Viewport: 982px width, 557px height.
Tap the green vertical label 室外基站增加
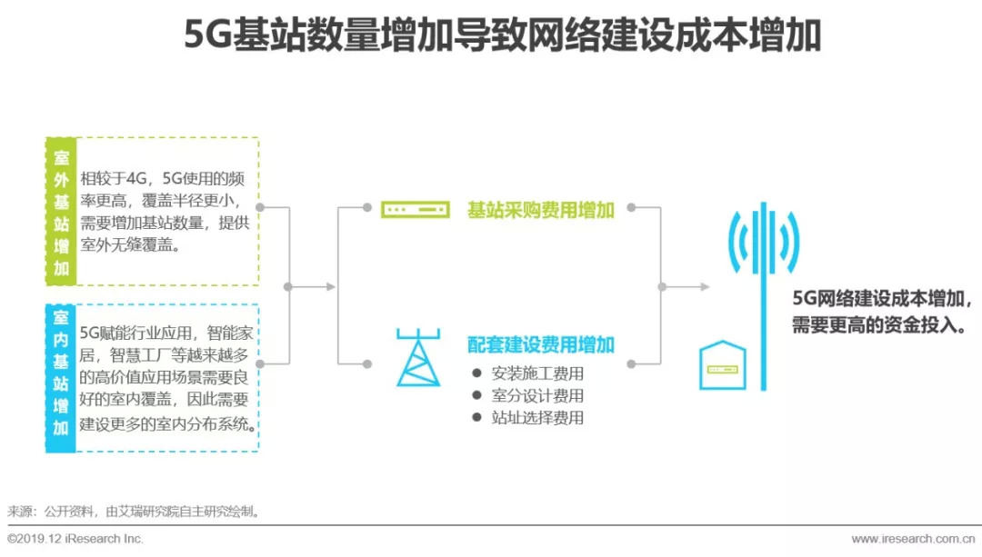[61, 211]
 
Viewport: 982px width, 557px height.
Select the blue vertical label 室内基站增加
[61, 377]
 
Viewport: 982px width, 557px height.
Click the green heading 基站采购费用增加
[541, 210]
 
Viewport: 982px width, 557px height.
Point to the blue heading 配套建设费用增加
[541, 344]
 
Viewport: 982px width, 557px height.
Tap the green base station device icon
[415, 210]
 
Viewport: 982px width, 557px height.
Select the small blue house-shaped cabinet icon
[723, 365]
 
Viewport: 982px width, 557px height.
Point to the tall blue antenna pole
[763, 300]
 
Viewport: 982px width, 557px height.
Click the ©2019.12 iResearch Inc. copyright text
[75, 539]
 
